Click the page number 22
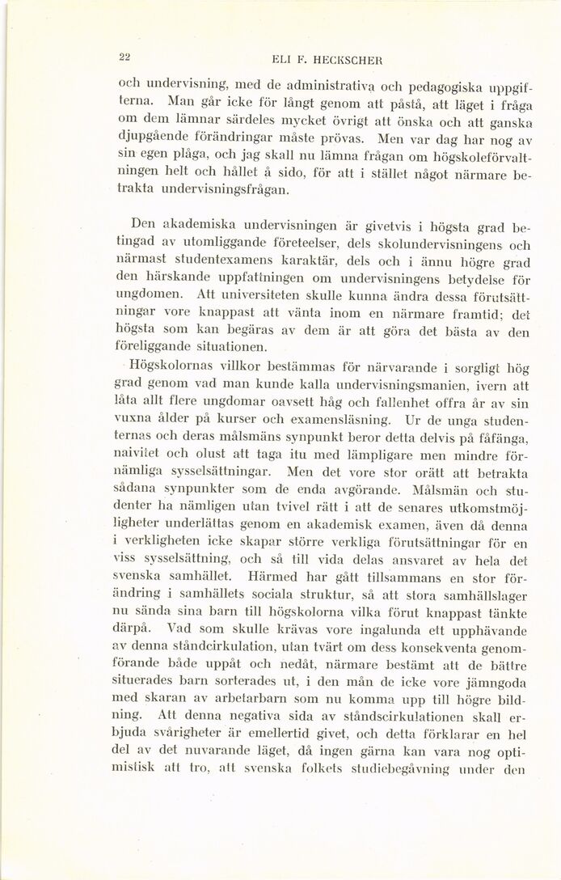[124, 56]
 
